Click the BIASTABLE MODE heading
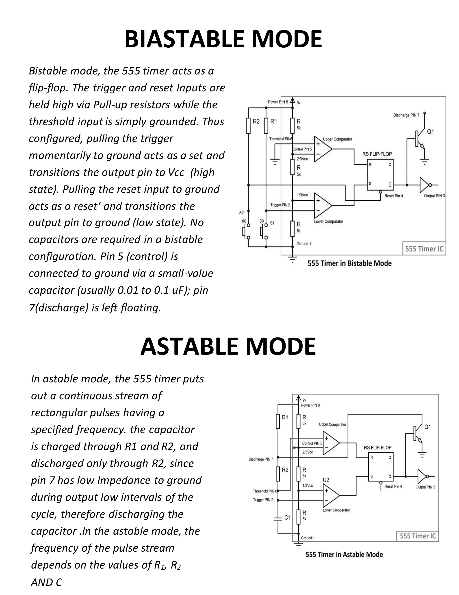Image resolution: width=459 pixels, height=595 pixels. pos(223,39)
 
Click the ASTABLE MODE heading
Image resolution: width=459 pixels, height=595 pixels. pos(228,347)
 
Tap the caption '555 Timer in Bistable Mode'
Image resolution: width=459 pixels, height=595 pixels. pos(349,263)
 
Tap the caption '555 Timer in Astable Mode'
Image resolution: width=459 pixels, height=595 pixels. pos(344,554)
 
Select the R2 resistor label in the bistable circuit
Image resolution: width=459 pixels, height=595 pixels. pos(256,121)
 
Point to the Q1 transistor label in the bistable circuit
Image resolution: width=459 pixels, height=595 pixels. pos(430,132)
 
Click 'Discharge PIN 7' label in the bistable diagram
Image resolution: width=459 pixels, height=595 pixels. pos(406,115)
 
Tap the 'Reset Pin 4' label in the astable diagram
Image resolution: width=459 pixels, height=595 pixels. pos(393,486)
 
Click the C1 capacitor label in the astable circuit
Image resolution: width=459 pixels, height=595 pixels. pos(287,517)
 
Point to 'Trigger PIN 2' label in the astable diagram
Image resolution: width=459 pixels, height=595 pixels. pos(263,500)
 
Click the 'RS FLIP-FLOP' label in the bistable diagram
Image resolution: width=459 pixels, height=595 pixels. pos(377,154)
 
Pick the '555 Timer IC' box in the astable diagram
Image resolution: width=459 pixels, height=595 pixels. pos(417,536)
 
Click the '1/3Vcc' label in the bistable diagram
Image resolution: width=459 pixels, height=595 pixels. pos(302,195)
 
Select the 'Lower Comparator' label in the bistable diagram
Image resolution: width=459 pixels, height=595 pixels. pos(329,221)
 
